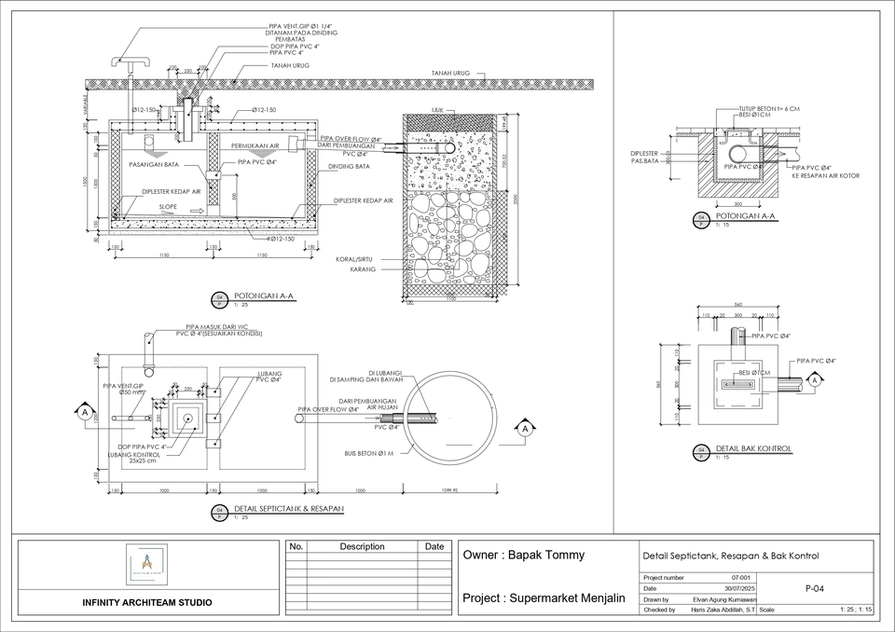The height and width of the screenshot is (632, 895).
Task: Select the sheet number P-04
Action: point(813,589)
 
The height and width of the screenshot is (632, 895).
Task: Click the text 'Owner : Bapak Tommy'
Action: point(525,556)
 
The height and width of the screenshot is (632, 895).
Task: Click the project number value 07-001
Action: point(741,579)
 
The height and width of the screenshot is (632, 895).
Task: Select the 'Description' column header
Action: point(362,547)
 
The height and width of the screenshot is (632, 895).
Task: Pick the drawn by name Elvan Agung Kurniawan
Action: point(724,599)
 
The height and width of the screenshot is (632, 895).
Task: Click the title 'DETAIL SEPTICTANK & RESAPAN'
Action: point(289,509)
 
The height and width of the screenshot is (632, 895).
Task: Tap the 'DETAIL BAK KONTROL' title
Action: point(753,449)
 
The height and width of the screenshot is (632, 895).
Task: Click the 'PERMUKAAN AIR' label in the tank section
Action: point(255,146)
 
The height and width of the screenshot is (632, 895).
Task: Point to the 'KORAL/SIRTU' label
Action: point(356,260)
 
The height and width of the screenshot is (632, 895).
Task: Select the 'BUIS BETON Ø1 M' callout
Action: point(368,454)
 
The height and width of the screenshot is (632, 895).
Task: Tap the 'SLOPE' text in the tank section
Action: point(168,207)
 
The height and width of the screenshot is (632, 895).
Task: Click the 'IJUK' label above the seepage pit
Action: point(437,109)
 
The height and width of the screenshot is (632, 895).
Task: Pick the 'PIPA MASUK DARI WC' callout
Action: point(216,327)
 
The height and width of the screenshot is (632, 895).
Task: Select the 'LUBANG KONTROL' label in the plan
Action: point(135,454)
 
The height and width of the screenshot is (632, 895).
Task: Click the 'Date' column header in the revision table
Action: point(434,547)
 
